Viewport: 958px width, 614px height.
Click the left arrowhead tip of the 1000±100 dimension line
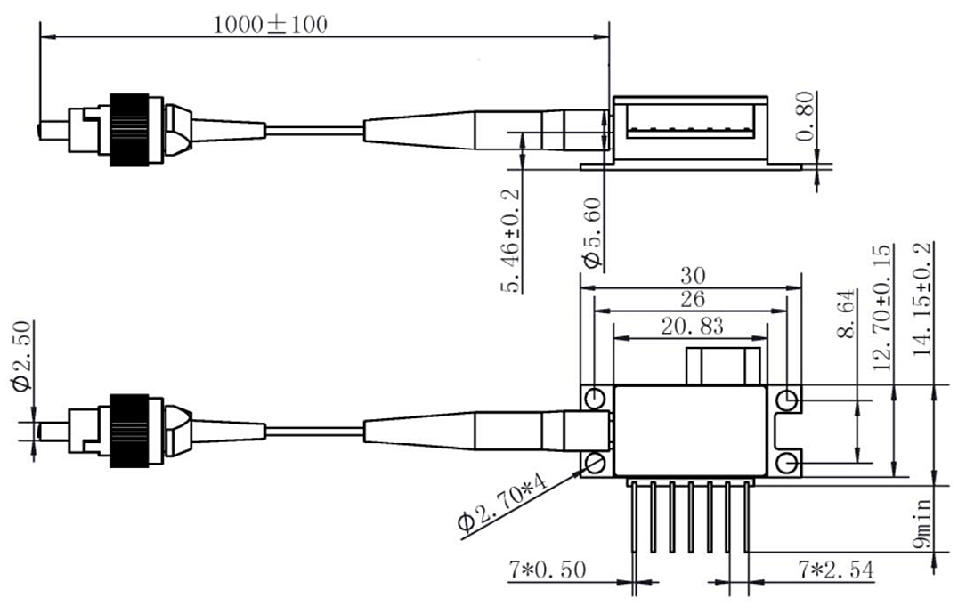coord(40,38)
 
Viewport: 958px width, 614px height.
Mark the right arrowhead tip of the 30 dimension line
coord(801,288)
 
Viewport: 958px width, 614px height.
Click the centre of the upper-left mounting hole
coord(595,400)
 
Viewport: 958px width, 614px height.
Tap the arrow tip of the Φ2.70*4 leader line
coord(582,469)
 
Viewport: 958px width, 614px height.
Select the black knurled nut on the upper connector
coord(129,130)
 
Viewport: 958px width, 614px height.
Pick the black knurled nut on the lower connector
coord(129,431)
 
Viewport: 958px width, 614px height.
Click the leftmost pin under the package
coord(634,518)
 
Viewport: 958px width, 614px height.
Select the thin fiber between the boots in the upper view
coord(314,130)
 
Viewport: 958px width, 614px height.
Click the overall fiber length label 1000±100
coord(271,24)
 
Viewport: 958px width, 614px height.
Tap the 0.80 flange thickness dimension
coord(808,116)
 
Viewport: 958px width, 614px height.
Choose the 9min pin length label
coord(922,523)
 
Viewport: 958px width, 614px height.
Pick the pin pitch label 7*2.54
coord(836,570)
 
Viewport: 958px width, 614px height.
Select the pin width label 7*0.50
coord(548,570)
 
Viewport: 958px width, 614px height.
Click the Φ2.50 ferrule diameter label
coord(21,356)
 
